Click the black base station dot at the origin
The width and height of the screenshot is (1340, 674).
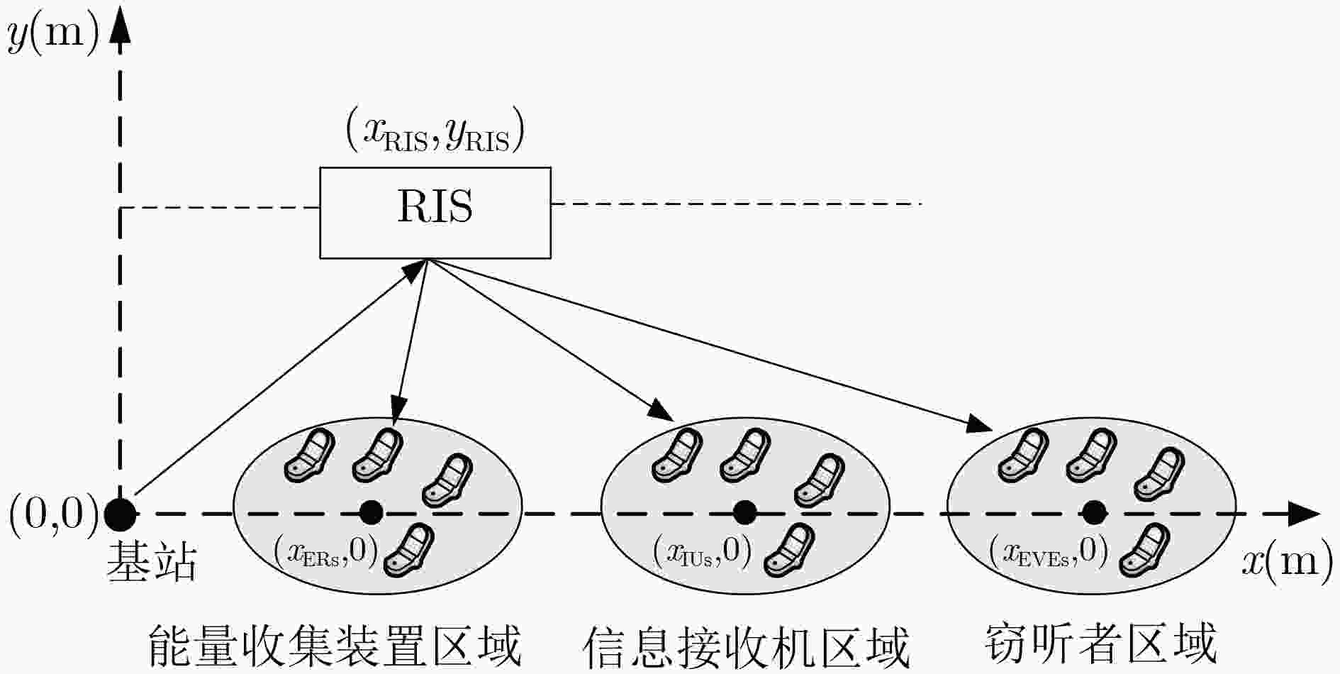(x=121, y=514)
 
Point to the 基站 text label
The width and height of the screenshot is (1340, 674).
(x=152, y=563)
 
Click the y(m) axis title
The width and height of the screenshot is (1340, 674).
(x=54, y=35)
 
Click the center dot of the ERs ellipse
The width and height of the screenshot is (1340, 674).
(x=371, y=512)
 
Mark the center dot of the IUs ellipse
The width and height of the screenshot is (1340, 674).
(x=744, y=512)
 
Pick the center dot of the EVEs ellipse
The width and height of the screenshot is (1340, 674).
(x=1094, y=512)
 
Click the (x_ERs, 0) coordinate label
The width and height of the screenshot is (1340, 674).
(x=325, y=552)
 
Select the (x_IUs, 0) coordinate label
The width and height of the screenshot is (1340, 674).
(x=702, y=552)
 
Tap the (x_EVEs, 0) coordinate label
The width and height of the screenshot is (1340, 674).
(x=1049, y=552)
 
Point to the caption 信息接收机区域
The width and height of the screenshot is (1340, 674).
(x=746, y=646)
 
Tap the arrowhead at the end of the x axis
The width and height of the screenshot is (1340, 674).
(x=1303, y=513)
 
